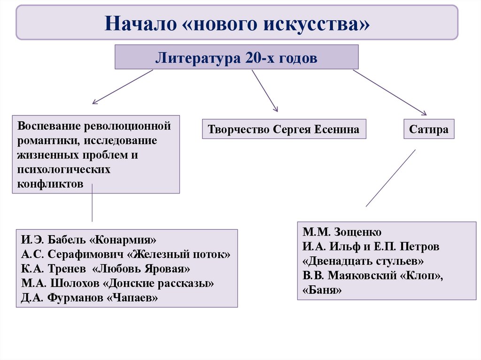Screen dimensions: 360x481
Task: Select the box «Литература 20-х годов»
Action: [237, 57]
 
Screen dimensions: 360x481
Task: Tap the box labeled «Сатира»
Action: [429, 129]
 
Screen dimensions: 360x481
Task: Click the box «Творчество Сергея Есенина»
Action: [284, 129]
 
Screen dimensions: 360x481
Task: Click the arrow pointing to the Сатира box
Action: [389, 92]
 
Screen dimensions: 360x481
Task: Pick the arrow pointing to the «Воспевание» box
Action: [122, 87]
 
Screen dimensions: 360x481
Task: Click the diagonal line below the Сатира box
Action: [391, 178]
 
